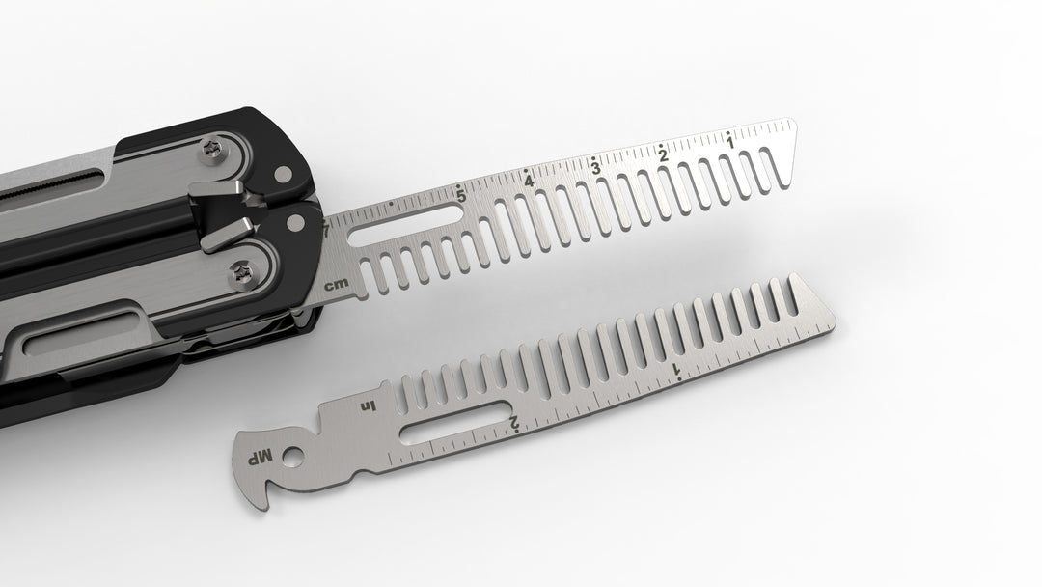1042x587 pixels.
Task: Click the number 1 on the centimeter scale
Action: point(730,143)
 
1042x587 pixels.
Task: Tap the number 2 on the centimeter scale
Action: point(663,155)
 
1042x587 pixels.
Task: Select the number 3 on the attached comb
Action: point(596,167)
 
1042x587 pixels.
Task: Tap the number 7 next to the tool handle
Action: point(326,230)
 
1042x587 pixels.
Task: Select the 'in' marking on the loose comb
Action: point(367,406)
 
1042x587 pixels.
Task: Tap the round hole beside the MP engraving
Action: point(291,454)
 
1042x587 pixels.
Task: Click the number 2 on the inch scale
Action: point(514,422)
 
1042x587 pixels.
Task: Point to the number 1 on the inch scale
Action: point(675,370)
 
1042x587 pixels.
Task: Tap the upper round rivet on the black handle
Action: point(282,175)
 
